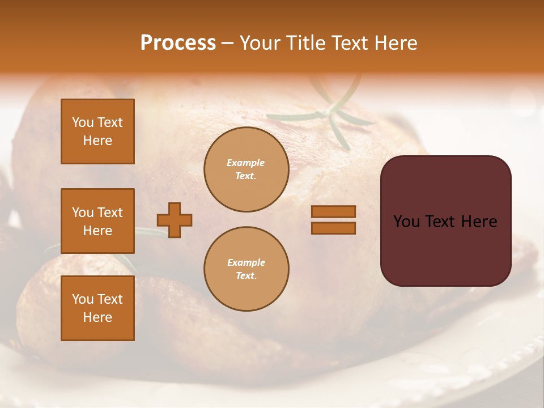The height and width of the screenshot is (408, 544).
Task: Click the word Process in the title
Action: tap(178, 43)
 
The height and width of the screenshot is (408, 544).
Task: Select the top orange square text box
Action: tap(97, 131)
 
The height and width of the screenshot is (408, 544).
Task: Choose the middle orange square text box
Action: tap(97, 221)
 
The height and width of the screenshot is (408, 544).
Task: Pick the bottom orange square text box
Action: tap(97, 308)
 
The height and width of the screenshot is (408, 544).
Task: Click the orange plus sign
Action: tap(175, 220)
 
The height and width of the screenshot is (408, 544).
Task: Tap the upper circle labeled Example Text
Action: tap(246, 169)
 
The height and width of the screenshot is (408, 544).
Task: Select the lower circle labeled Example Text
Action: tap(246, 269)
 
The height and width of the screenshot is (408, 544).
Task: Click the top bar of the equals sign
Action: tap(333, 212)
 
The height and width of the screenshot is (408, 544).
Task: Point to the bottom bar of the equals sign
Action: tap(333, 228)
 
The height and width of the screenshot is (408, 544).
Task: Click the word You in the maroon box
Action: tap(407, 222)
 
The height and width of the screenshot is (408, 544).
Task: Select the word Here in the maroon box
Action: tap(479, 222)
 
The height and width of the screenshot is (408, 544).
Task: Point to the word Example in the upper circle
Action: tap(246, 163)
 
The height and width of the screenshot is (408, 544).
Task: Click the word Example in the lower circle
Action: tap(246, 262)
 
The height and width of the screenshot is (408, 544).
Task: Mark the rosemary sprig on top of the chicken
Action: tap(329, 113)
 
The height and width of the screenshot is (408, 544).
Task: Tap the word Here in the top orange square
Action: tap(97, 141)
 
